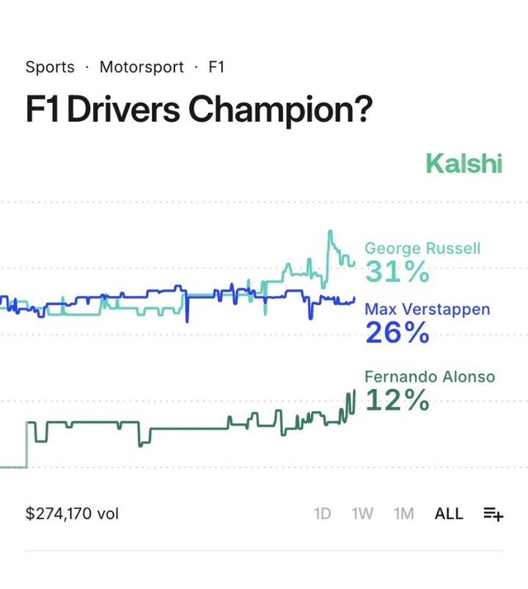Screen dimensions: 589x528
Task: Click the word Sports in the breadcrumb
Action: pos(50,67)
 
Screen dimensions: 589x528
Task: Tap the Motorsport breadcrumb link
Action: pos(142,67)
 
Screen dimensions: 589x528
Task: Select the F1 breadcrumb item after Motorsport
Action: pos(216,67)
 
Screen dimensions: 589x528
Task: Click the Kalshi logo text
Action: pos(463,163)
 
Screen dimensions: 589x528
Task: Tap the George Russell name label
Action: pos(422,249)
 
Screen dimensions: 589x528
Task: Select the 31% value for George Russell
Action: pos(397,273)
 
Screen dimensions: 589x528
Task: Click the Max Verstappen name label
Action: pos(427,309)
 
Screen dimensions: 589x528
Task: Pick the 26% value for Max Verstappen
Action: pos(397,333)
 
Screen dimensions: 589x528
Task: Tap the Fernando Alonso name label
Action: pos(430,377)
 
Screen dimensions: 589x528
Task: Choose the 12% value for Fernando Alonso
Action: pos(397,401)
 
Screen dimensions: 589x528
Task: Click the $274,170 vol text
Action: pos(72,514)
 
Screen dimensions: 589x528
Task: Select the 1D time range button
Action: pos(323,514)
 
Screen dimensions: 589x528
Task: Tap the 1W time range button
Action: pos(362,514)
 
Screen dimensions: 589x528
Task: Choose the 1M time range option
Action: pos(404,514)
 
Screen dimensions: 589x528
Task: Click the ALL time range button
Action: pos(449,514)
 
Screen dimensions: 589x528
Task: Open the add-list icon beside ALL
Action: pos(494,514)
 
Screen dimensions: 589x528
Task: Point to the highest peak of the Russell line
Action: pos(330,231)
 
